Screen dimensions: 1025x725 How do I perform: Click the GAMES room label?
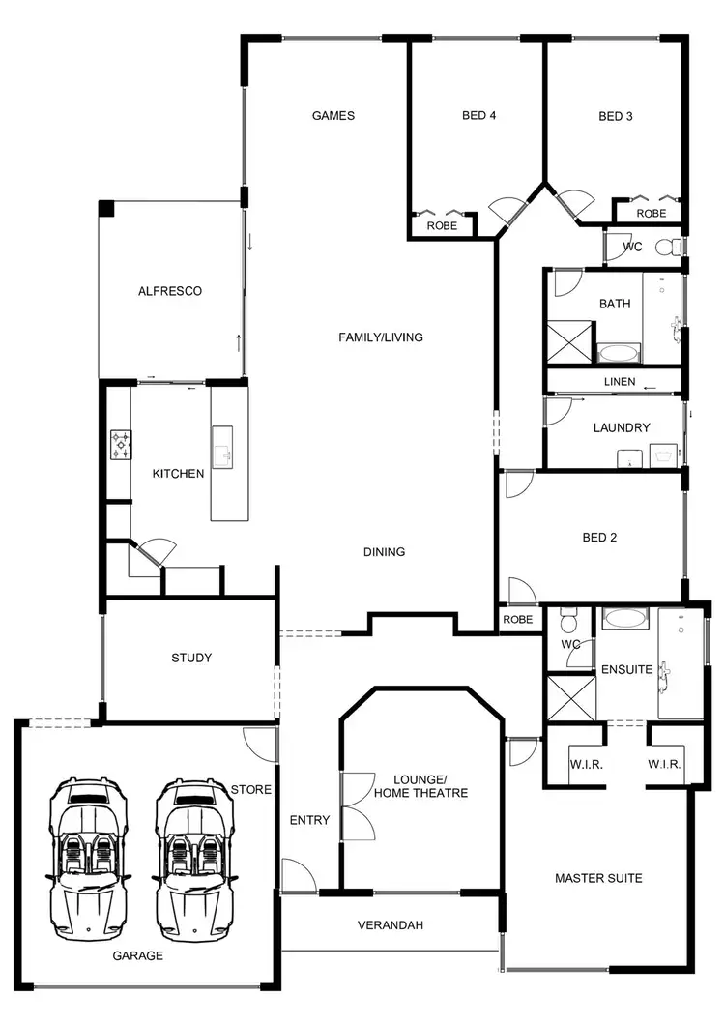tap(333, 116)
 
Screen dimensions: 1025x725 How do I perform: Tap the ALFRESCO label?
tap(169, 291)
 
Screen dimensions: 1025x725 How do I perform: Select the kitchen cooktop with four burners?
tap(122, 446)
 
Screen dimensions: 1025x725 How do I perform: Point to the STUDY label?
tap(190, 659)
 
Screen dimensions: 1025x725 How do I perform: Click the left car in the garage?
tap(87, 859)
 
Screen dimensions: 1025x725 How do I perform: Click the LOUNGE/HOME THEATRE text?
tap(431, 786)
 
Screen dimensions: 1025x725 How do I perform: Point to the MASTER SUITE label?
tap(598, 879)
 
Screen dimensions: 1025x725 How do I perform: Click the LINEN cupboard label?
tap(619, 382)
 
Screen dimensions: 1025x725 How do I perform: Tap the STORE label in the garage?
tap(250, 790)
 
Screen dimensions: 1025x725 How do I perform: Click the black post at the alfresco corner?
tap(105, 209)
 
